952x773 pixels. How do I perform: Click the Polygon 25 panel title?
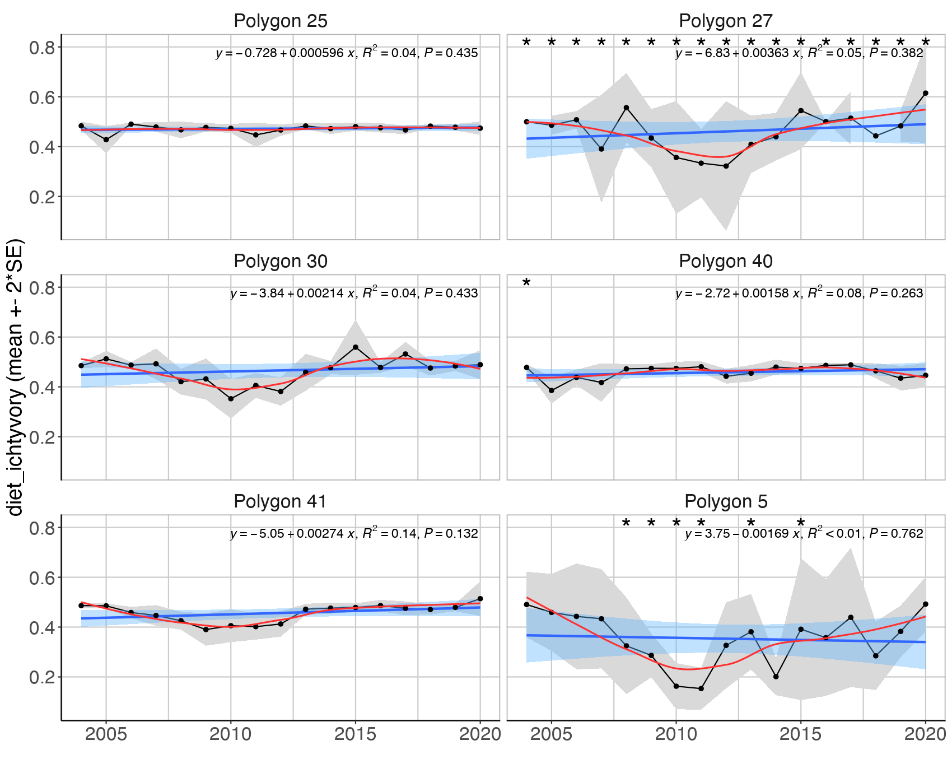click(x=280, y=21)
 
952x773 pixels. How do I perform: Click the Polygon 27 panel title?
click(x=725, y=21)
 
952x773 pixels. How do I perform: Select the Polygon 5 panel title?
click(x=725, y=501)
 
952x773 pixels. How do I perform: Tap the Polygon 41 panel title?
click(x=280, y=501)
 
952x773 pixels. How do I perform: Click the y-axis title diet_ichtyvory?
click(x=15, y=378)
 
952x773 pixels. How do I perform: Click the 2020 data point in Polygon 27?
click(x=925, y=93)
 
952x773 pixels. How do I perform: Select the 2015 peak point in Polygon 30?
click(x=355, y=347)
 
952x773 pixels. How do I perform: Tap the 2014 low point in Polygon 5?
click(x=776, y=677)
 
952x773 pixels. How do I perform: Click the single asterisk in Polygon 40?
click(x=526, y=283)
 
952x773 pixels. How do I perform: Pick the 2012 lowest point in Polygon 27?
click(x=726, y=166)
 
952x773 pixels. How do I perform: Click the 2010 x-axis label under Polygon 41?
click(x=230, y=734)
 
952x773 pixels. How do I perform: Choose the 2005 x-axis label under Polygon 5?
click(x=552, y=734)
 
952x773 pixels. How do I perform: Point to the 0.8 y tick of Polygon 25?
click(x=42, y=47)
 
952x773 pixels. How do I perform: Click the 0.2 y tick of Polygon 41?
click(x=42, y=677)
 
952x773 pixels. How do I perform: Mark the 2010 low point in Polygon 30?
click(x=230, y=399)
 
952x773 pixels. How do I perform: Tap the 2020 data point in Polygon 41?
click(x=479, y=599)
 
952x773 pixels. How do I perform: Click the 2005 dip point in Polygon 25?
click(x=106, y=139)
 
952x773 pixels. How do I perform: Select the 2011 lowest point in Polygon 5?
click(x=701, y=688)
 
